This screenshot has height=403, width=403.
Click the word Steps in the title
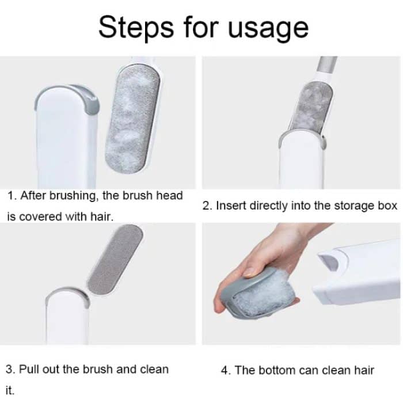pos(136,28)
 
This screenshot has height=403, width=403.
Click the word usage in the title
pos(268,29)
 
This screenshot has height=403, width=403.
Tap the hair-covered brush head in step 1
pos(133,119)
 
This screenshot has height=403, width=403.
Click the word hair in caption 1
pos(101,216)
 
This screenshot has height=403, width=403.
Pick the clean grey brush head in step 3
pos(115,260)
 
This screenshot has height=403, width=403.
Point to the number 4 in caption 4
pos(224,370)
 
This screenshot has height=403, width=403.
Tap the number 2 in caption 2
pos(206,206)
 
